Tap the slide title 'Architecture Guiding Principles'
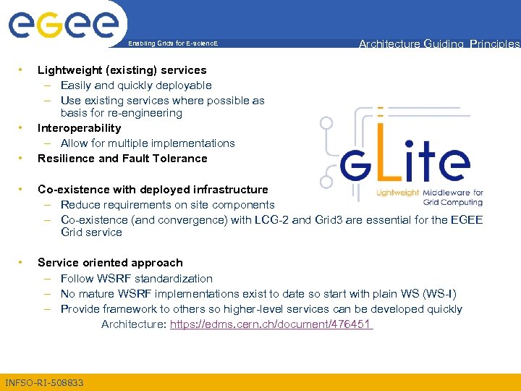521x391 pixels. (x=439, y=44)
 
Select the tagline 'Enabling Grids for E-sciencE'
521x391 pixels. (x=172, y=44)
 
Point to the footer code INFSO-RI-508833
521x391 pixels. (x=44, y=382)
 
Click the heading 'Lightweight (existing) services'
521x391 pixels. (x=122, y=70)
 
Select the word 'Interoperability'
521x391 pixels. (x=79, y=128)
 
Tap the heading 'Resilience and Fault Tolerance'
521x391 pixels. (x=122, y=159)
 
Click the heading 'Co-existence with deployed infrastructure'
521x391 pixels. (x=153, y=190)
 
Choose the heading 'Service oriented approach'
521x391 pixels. (x=110, y=263)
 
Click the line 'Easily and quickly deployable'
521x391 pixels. (x=136, y=85)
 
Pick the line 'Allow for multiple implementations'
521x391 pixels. (x=148, y=143)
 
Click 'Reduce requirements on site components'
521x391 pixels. (x=168, y=205)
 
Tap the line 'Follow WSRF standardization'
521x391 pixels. (x=137, y=279)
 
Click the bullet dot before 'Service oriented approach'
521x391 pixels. (x=22, y=263)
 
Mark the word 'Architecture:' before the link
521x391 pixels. (x=134, y=324)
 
